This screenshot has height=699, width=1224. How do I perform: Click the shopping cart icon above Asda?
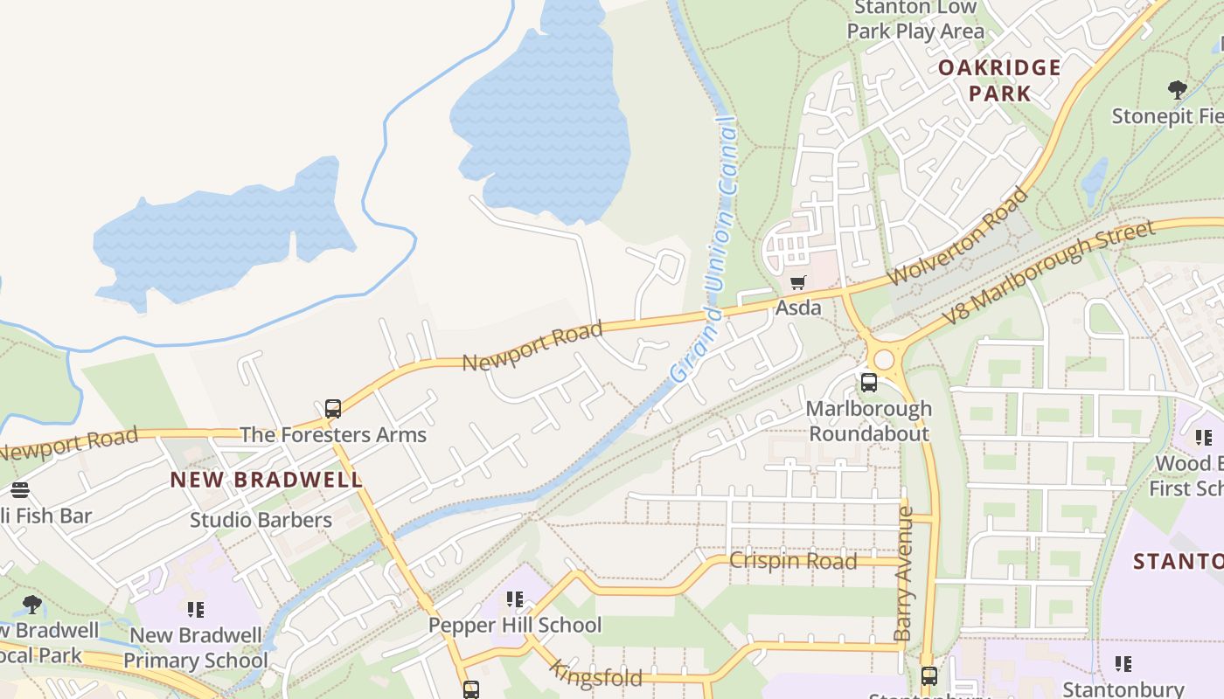point(797,282)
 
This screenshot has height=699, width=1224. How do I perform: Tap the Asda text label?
point(798,308)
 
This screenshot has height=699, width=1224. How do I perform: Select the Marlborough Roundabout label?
point(869,421)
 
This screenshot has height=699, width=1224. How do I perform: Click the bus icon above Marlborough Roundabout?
point(868,382)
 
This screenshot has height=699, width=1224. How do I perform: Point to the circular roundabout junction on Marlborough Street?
point(884,359)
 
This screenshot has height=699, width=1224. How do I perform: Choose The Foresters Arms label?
point(333,434)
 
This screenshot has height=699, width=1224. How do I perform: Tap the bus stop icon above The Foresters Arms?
point(333,408)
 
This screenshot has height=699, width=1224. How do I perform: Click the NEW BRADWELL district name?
point(266,480)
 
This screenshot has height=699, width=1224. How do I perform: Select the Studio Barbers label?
point(261,520)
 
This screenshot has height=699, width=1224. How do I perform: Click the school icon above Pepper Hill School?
point(514,599)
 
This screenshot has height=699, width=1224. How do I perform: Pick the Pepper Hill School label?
point(514,625)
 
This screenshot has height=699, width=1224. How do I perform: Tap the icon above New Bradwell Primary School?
point(195,609)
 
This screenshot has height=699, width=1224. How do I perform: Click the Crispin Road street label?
point(793,561)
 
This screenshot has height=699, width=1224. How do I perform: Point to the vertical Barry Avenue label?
point(905,573)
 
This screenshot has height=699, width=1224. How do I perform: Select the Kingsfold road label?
point(596,674)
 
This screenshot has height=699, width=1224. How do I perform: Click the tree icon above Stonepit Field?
point(1178,89)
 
